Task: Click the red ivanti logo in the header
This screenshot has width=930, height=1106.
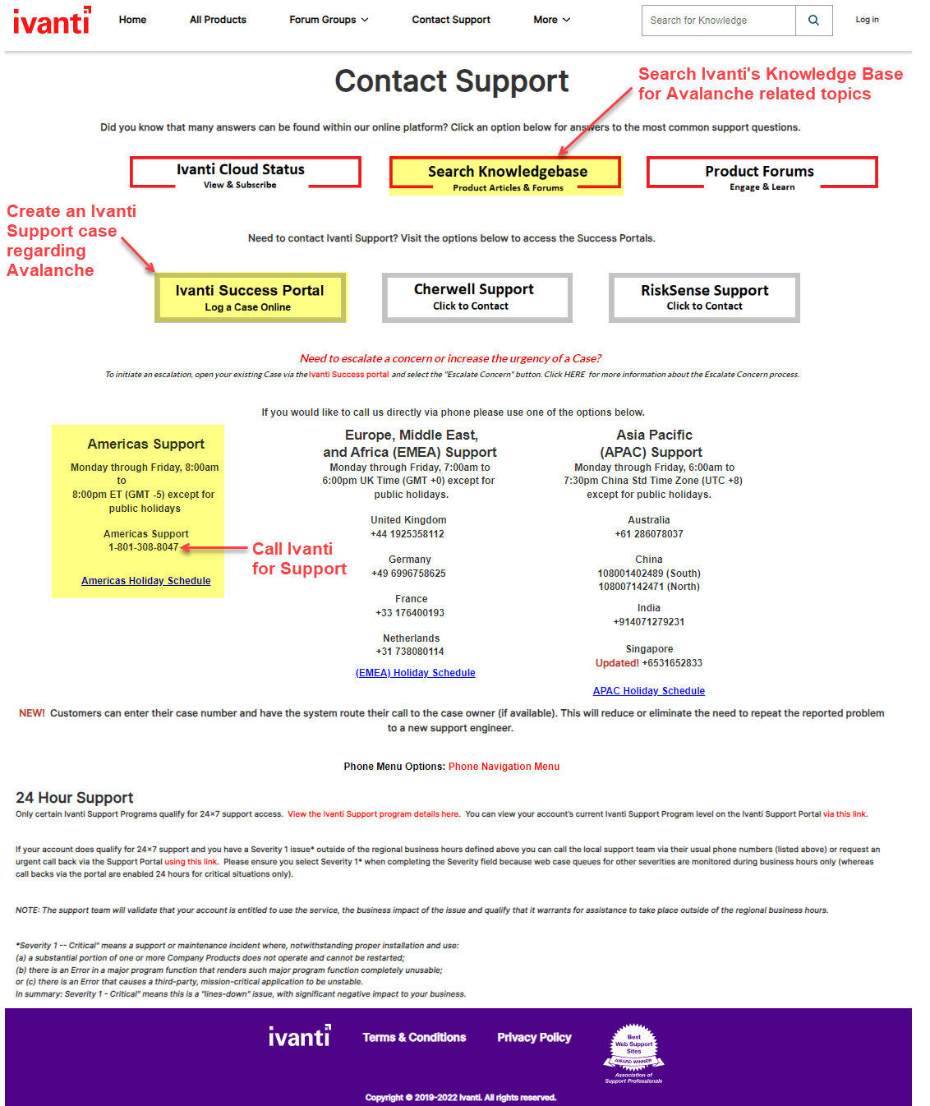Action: tap(52, 21)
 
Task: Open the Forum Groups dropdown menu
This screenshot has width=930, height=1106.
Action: tap(329, 20)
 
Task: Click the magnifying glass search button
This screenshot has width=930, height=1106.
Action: tap(813, 21)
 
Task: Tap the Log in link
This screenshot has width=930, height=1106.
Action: tap(867, 20)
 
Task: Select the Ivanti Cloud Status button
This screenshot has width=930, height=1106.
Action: tap(245, 173)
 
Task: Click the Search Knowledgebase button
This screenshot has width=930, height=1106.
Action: tap(507, 174)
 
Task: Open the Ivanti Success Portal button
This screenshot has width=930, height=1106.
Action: tap(250, 297)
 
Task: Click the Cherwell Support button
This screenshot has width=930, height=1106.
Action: tap(477, 297)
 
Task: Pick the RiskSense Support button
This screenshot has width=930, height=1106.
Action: tap(704, 297)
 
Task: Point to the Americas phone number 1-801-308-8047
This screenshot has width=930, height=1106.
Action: tap(143, 547)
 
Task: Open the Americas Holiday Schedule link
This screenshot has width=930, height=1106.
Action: tap(146, 581)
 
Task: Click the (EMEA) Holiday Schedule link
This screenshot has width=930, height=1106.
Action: tap(415, 673)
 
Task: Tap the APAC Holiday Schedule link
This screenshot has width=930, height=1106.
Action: tap(649, 691)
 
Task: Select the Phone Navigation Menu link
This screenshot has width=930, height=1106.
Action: tap(504, 767)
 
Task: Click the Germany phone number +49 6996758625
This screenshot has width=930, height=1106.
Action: tap(408, 574)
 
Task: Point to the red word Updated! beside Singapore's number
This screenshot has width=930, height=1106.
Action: tap(617, 663)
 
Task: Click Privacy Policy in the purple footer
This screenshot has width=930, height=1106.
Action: tap(534, 1038)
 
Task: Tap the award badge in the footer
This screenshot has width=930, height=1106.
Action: tap(634, 1053)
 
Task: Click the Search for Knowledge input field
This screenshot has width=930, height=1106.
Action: tap(718, 21)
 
